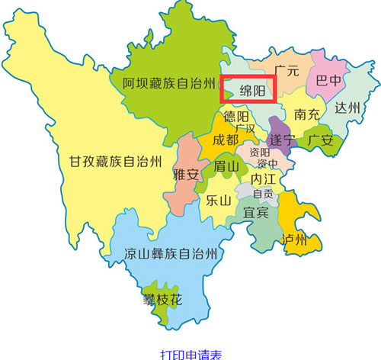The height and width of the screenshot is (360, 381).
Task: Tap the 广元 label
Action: point(286,70)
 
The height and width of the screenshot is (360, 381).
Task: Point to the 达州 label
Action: point(347,108)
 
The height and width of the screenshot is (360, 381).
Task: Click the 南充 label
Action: point(306,114)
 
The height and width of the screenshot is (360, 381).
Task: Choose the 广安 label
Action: point(320,140)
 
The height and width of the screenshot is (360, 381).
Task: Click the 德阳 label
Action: point(235,117)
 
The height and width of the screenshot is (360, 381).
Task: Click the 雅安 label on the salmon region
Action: point(186,175)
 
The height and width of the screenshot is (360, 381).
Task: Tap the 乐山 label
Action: point(218,201)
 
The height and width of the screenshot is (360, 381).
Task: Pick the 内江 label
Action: point(264,178)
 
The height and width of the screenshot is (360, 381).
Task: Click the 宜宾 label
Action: point(256,213)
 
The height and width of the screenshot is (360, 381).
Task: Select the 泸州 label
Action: point(293,240)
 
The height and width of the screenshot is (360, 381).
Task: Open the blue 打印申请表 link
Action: point(190,354)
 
